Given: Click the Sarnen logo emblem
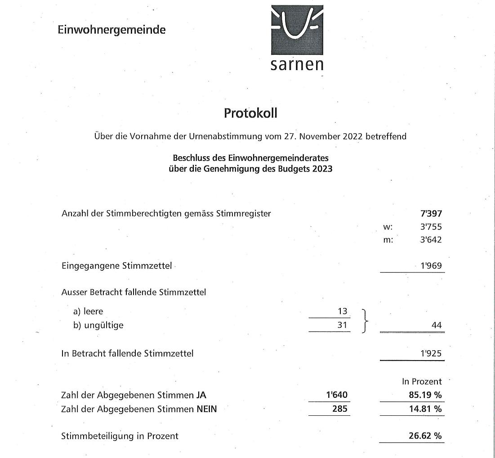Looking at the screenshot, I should point(297,27).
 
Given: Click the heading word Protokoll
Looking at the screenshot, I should point(250,113).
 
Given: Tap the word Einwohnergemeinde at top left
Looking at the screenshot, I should point(111,30).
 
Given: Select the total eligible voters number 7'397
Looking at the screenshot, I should point(431,214).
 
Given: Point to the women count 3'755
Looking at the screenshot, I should point(431,227).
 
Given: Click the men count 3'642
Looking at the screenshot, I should point(431,240).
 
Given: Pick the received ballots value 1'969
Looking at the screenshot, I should point(431,265).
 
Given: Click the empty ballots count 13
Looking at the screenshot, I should point(343,311).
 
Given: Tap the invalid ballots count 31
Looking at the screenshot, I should point(343,325).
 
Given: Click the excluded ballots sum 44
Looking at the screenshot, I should point(436,325).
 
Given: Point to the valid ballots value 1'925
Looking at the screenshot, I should point(431,353).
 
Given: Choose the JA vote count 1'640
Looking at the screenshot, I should point(337,395).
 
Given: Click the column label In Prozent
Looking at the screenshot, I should point(422,382).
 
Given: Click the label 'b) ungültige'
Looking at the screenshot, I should point(98,325).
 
